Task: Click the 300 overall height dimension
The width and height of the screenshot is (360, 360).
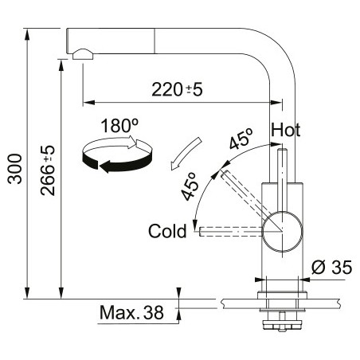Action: [x=14, y=169]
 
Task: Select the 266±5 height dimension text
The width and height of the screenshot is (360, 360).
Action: [x=48, y=170]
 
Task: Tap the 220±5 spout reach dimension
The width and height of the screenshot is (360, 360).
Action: [x=177, y=89]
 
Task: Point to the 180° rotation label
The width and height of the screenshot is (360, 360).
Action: [x=119, y=125]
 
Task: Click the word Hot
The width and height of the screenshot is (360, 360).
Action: [x=286, y=130]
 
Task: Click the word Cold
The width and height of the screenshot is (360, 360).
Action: [x=167, y=231]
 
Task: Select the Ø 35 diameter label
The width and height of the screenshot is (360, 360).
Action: [x=331, y=267]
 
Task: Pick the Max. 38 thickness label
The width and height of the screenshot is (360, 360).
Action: [x=131, y=312]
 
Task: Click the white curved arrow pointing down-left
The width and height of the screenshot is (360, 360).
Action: [x=185, y=154]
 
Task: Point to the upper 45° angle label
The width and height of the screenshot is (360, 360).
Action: [x=241, y=139]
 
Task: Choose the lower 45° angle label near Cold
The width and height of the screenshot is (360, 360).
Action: [x=190, y=186]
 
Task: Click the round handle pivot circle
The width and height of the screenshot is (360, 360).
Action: [x=282, y=231]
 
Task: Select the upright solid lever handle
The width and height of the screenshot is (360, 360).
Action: [x=282, y=181]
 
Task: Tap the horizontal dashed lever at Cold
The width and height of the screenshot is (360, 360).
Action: [x=231, y=231]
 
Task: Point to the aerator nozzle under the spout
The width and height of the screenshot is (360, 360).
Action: [x=83, y=54]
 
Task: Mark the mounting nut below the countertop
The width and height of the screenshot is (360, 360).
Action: [x=282, y=325]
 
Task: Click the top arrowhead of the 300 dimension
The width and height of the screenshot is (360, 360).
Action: [x=27, y=34]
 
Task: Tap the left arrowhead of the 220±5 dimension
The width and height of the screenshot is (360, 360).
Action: [x=89, y=102]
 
